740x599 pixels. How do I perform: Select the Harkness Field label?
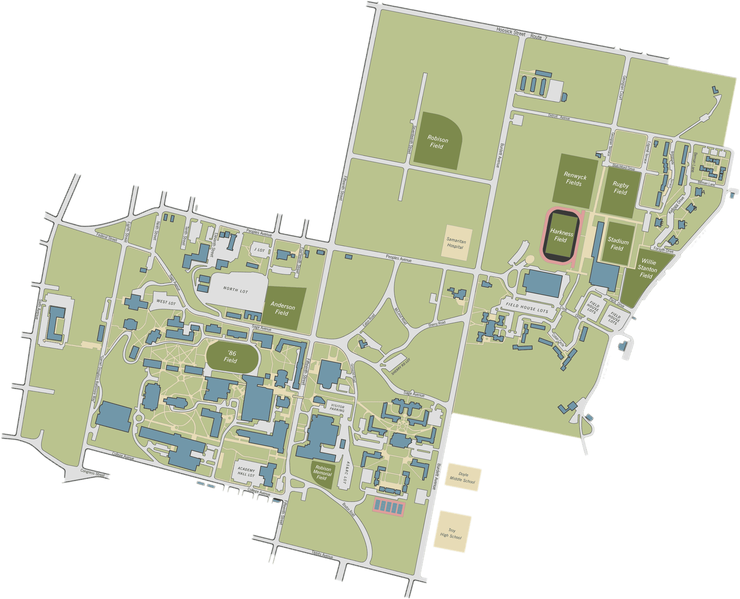click(561, 236)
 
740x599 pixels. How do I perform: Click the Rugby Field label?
click(620, 188)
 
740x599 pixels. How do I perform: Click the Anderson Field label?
click(282, 309)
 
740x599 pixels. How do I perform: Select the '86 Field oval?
click(232, 357)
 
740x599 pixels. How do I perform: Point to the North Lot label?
click(235, 290)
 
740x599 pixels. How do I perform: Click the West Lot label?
click(166, 302)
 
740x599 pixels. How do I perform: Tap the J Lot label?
click(259, 250)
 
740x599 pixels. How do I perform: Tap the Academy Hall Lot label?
click(246, 472)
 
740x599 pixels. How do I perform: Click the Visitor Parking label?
click(337, 408)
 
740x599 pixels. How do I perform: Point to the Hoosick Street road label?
click(511, 32)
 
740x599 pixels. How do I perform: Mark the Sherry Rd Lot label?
click(401, 367)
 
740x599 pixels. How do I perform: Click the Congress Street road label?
click(92, 473)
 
